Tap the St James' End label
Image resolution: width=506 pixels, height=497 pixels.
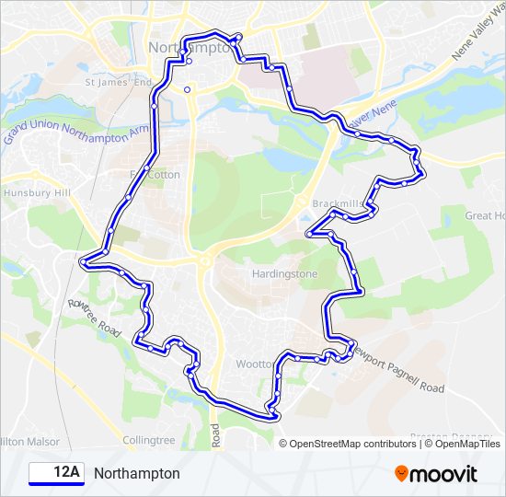pos(118,83)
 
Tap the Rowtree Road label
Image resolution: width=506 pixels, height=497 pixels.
pos(95,316)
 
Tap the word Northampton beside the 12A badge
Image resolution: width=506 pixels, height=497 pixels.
pos(137,473)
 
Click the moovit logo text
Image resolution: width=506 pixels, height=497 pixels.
pos(444,474)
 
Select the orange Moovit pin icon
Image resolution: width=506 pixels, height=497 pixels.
pos(401,474)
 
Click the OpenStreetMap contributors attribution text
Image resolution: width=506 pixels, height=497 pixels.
pos(353,444)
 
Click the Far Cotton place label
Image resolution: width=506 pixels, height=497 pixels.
pos(156,174)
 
